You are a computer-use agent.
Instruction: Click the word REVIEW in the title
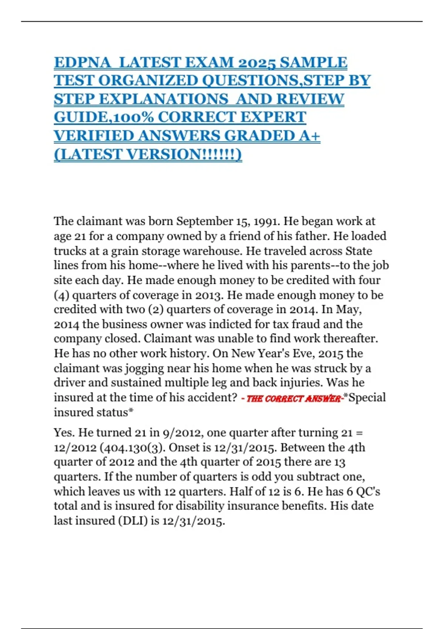coord(310,99)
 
